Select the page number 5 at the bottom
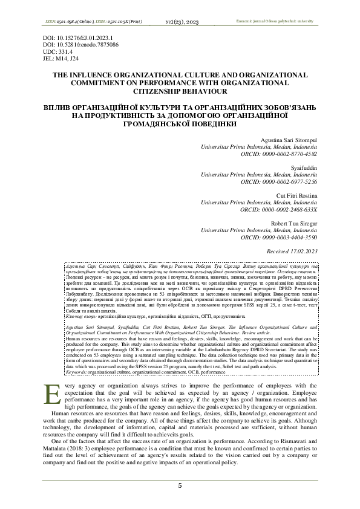tap(180, 486)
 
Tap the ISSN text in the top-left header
tap(93, 21)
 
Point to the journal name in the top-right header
tap(280, 21)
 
